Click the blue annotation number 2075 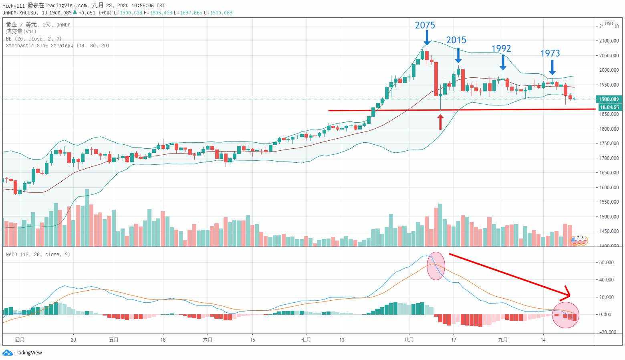(x=425, y=25)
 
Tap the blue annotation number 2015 (x=456, y=40)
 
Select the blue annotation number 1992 (x=501, y=49)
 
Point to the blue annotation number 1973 (x=550, y=53)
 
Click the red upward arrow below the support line (x=440, y=122)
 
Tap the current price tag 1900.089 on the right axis (x=609, y=99)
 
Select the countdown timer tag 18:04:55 (x=609, y=107)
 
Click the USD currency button (x=609, y=24)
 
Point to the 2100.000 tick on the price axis (x=608, y=41)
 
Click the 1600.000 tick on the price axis (x=608, y=188)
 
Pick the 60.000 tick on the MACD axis (x=606, y=263)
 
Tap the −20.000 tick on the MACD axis (x=605, y=332)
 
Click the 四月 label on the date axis (x=20, y=340)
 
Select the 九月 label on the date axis (x=503, y=340)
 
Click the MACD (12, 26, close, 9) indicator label (x=38, y=255)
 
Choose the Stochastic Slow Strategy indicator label (x=58, y=46)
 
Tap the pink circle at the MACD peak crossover (x=435, y=265)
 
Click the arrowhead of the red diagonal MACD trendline (x=568, y=295)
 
